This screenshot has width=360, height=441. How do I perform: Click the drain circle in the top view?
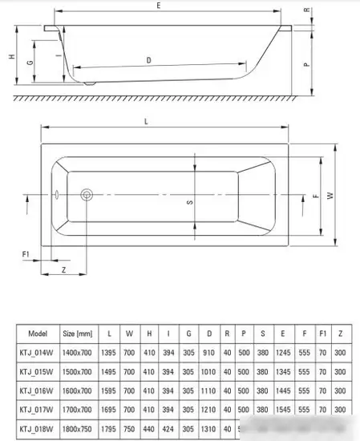87,194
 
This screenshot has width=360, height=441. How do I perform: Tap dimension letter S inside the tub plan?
190,202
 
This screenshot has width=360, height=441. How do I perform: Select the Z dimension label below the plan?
63,271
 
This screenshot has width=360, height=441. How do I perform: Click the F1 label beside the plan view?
26,254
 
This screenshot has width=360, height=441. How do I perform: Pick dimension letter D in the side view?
149,60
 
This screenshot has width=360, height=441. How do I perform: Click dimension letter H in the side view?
10,57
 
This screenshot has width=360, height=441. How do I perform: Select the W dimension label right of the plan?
330,195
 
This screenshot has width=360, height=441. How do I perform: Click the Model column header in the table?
38,333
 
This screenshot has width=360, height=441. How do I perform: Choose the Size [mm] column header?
78,333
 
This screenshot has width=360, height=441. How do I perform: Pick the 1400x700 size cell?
78,353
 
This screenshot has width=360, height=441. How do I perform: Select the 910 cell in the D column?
209,353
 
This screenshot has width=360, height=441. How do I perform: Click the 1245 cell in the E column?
281,353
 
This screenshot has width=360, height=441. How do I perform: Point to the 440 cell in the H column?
149,430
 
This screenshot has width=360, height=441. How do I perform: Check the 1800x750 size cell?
78,430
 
